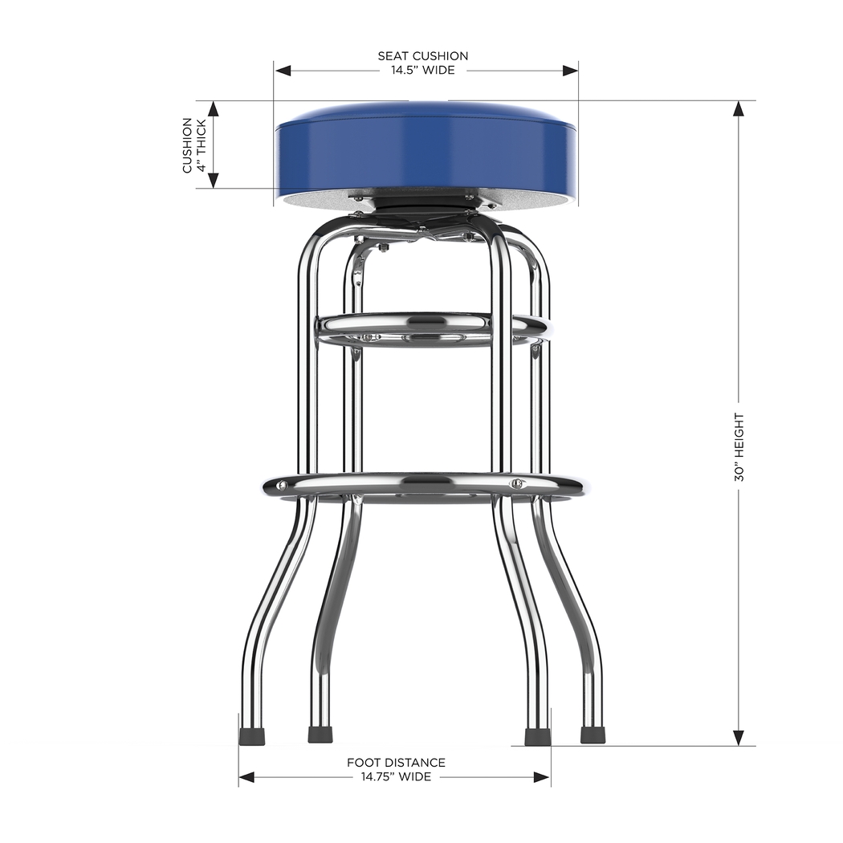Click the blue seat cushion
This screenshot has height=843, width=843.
pos(426,153)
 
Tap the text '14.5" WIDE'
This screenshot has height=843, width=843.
pos(422,70)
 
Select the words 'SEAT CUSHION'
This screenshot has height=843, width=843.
pos(422,55)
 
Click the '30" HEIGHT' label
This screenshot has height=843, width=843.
pos(739,447)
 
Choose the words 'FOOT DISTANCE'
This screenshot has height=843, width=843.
pos(396,762)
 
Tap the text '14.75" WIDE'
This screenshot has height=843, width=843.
pos(396,776)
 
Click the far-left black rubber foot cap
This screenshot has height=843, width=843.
pos(252,735)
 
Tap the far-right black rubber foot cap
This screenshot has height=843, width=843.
pos(593,735)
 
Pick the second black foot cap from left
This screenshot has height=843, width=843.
pos(320,735)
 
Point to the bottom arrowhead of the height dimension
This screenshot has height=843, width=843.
pos(739,738)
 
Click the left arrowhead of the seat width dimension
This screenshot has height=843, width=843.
pos(282,70)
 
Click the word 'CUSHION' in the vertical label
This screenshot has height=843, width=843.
pos(188,145)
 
